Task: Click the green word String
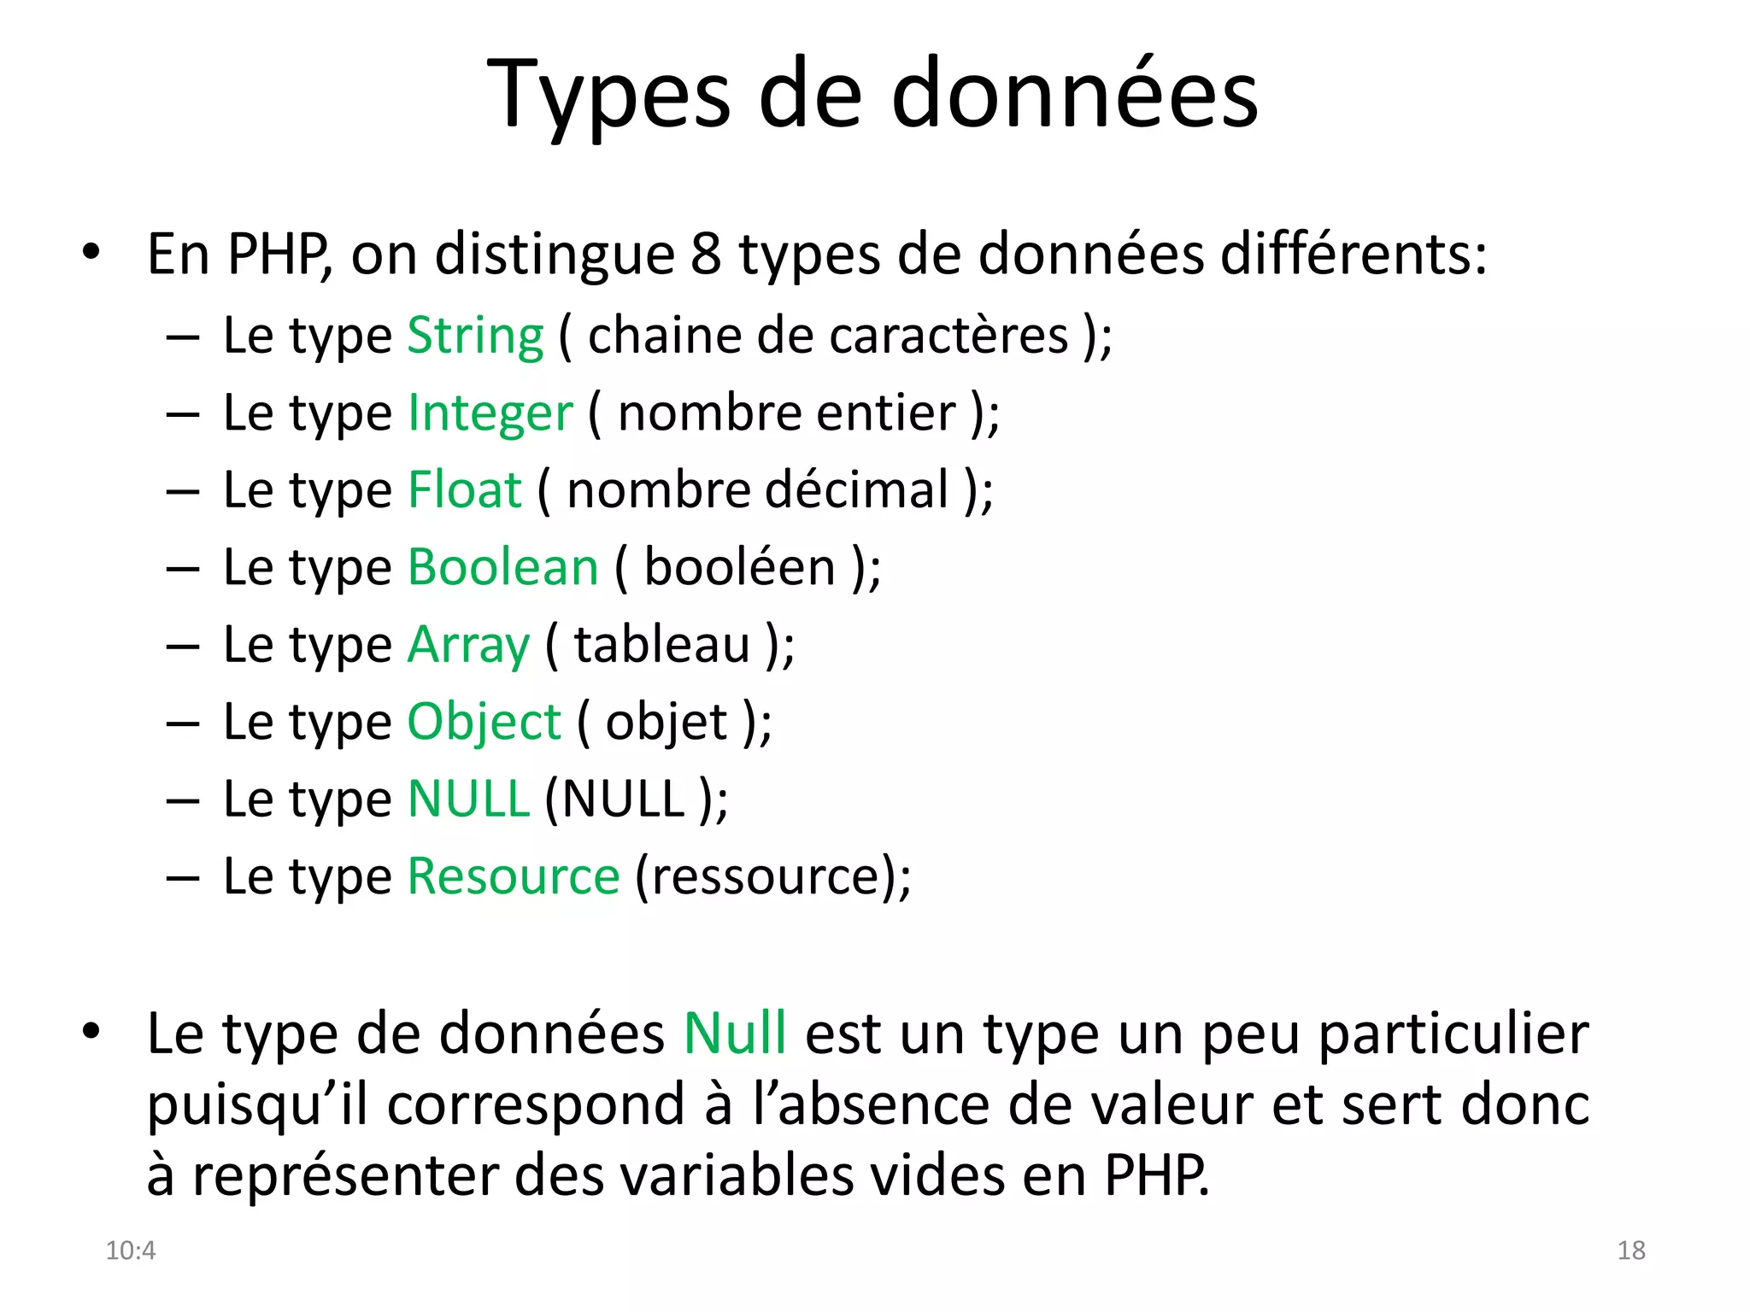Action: pyautogui.click(x=475, y=336)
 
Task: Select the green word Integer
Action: pyautogui.click(x=490, y=413)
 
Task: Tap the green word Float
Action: pyautogui.click(x=464, y=490)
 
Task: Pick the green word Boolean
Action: pyautogui.click(x=502, y=567)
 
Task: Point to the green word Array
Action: pyautogui.click(x=468, y=645)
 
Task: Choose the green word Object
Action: pyautogui.click(x=484, y=723)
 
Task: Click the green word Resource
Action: pyautogui.click(x=513, y=876)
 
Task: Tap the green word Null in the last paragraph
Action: pyautogui.click(x=734, y=1034)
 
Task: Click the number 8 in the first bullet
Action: pyautogui.click(x=706, y=255)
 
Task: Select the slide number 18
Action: pyautogui.click(x=1630, y=1250)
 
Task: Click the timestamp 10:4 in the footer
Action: pyautogui.click(x=130, y=1250)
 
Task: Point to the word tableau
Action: pyautogui.click(x=661, y=645)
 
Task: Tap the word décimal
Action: pyautogui.click(x=856, y=490)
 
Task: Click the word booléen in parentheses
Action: pyautogui.click(x=739, y=567)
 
